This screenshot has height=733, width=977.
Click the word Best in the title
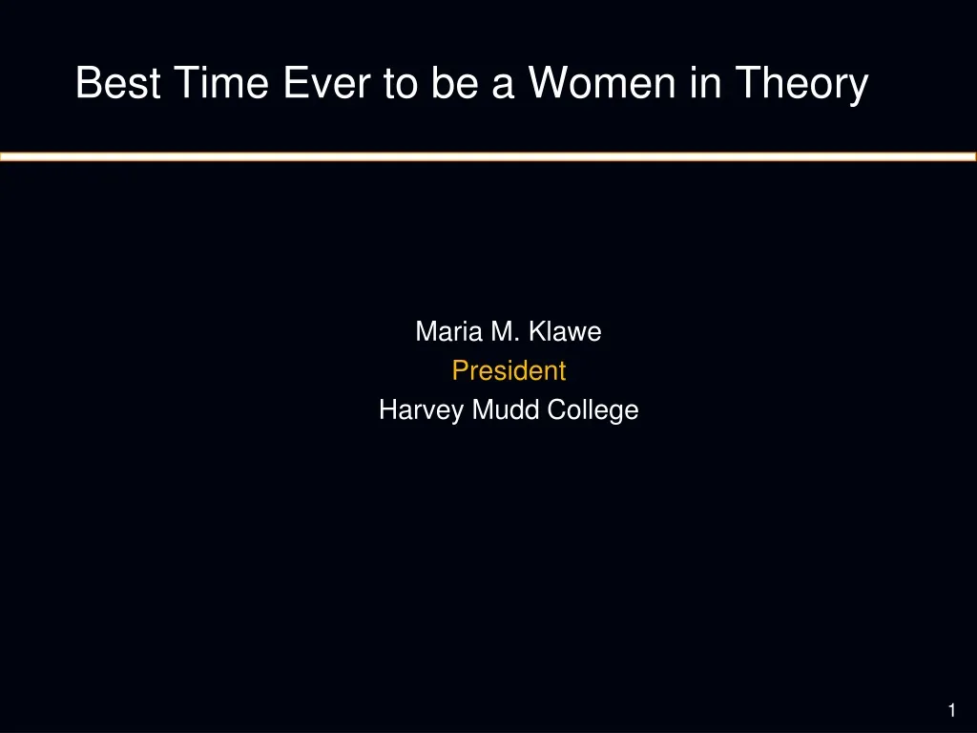point(118,82)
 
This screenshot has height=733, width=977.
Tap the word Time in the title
point(221,82)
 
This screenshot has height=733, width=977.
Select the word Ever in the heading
point(326,82)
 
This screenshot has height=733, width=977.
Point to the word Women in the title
point(602,82)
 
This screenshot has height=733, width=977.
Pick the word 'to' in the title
point(400,84)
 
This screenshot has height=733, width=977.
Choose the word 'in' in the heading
point(705,82)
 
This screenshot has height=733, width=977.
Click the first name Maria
point(448,331)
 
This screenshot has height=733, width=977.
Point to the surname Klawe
point(565,331)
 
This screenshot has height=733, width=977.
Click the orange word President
point(509,371)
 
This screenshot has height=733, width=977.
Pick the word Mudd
point(506,410)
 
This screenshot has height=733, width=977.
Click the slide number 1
point(951,710)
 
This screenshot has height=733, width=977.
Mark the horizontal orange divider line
point(488,157)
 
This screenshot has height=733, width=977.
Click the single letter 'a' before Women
point(503,87)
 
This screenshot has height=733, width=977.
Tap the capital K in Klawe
point(537,331)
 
